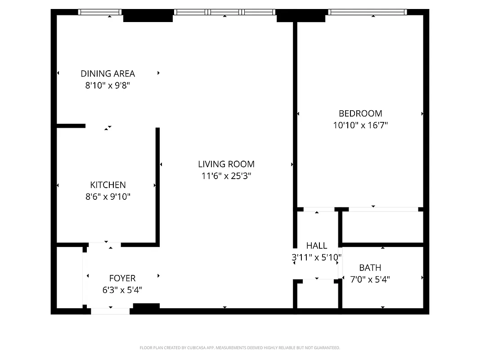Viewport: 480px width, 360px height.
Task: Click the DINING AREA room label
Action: click(108, 74)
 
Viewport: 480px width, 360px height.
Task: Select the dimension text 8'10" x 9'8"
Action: click(108, 85)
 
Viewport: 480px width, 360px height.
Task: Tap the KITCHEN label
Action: click(108, 185)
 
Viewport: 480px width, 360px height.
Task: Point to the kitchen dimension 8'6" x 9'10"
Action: click(108, 197)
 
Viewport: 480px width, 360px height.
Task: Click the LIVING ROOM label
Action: click(226, 164)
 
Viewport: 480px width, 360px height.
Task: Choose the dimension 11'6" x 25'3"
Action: click(226, 176)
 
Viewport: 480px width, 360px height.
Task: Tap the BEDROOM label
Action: click(360, 113)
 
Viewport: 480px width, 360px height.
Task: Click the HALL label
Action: click(317, 246)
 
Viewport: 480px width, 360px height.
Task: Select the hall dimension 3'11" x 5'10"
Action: click(317, 257)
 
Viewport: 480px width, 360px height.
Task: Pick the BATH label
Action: click(370, 268)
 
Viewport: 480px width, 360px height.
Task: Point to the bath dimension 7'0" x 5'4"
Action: click(370, 279)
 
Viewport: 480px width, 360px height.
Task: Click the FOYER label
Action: click(122, 279)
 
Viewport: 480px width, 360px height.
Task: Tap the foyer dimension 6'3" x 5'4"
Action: click(122, 290)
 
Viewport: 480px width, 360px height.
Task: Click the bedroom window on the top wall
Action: click(368, 12)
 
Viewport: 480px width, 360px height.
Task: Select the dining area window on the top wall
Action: click(100, 12)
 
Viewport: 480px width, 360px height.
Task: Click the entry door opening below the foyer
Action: click(110, 310)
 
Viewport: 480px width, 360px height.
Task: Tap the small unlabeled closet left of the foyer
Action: click(69, 277)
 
